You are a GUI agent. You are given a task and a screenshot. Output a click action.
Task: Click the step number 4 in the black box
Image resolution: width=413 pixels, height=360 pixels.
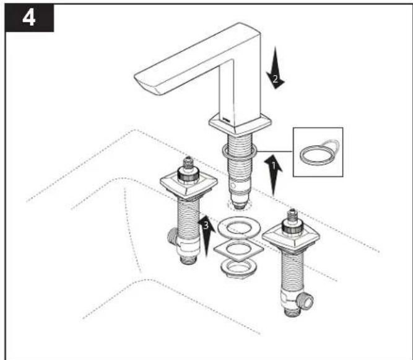pos(29,18)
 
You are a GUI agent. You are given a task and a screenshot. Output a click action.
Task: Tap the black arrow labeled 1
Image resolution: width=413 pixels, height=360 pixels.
pos(274,175)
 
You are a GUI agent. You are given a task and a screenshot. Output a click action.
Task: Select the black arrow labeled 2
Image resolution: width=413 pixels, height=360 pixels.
pos(276,68)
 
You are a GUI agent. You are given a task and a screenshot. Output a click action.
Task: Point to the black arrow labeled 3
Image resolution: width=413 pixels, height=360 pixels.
pos(206,235)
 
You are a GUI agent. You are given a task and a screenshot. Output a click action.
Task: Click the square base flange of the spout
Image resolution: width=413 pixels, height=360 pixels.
pos(240,124)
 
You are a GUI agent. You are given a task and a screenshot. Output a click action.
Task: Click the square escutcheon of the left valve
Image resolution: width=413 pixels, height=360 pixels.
pos(189,186)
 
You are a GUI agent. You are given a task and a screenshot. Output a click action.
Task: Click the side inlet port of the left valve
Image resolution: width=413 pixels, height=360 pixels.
pos(173,236)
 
